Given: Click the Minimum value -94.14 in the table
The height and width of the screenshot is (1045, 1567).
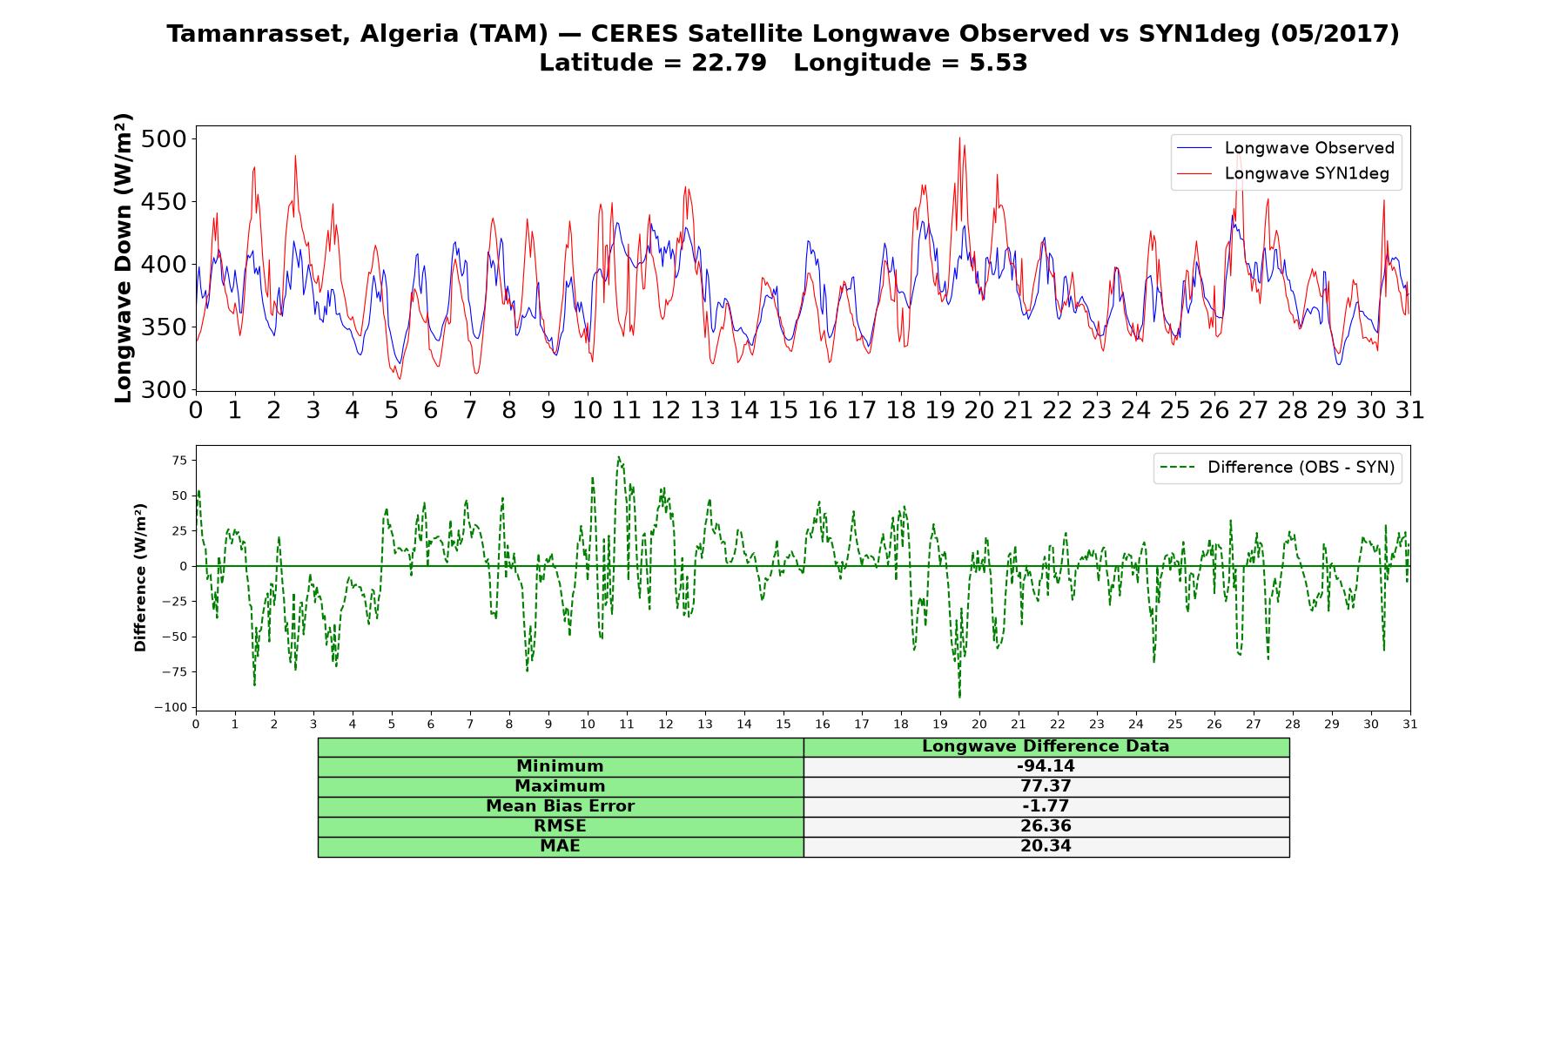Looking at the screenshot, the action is pos(1046,766).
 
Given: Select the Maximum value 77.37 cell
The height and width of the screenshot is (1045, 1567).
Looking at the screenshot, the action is pos(1046,786).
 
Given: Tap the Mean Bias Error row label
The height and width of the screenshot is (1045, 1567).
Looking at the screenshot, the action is pos(560,806).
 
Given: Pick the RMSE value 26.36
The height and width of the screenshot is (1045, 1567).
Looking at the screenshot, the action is pos(1046,826).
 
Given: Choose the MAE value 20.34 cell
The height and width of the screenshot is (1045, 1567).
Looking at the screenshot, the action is pos(1046,846).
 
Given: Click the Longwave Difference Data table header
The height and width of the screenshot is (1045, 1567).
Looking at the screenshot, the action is pos(1046,746).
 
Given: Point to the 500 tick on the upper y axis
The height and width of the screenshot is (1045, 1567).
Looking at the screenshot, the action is pos(164,139).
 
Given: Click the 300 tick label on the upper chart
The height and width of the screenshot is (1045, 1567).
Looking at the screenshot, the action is pos(164,390).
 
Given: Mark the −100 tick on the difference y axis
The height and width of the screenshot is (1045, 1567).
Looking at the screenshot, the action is pos(171,707).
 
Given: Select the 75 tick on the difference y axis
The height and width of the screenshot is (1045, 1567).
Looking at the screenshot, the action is pos(180,461).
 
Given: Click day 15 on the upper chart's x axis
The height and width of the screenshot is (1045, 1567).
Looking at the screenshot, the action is pos(783,410).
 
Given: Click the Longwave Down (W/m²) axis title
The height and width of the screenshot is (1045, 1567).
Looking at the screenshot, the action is pos(124,258).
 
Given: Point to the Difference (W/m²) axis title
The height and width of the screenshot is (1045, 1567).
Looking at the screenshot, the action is pos(140,577).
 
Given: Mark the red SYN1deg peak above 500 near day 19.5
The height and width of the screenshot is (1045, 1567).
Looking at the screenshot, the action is pos(959,138).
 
